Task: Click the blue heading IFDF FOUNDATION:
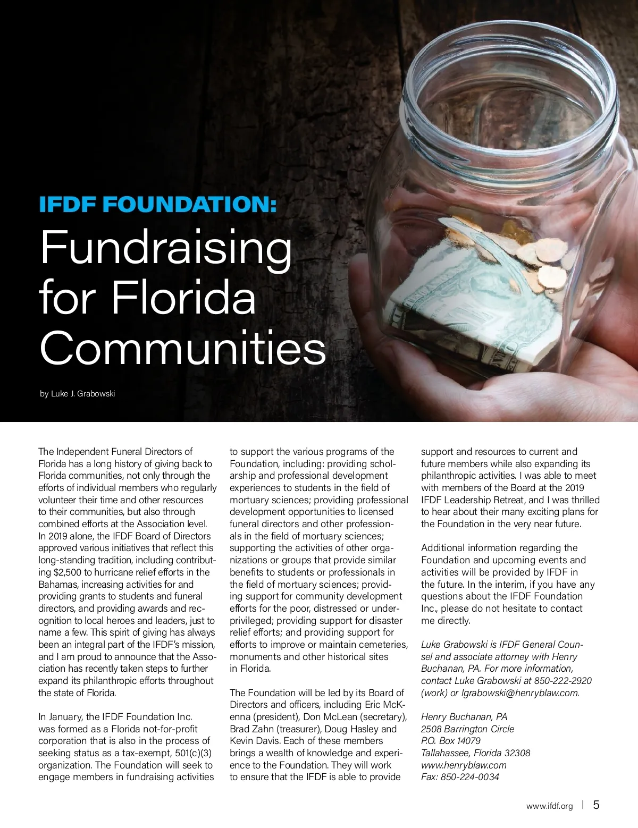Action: click(x=158, y=205)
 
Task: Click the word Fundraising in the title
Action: click(x=166, y=248)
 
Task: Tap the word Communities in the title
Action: click(x=182, y=348)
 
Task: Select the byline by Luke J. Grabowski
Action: click(x=78, y=394)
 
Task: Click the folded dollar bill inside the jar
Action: click(x=457, y=308)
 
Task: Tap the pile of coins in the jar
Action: click(x=537, y=260)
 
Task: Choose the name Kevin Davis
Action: click(x=253, y=741)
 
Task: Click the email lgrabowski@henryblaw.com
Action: click(x=521, y=693)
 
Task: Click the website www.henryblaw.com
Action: click(x=464, y=765)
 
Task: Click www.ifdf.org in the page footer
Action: click(x=549, y=806)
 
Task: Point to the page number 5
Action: click(x=596, y=805)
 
